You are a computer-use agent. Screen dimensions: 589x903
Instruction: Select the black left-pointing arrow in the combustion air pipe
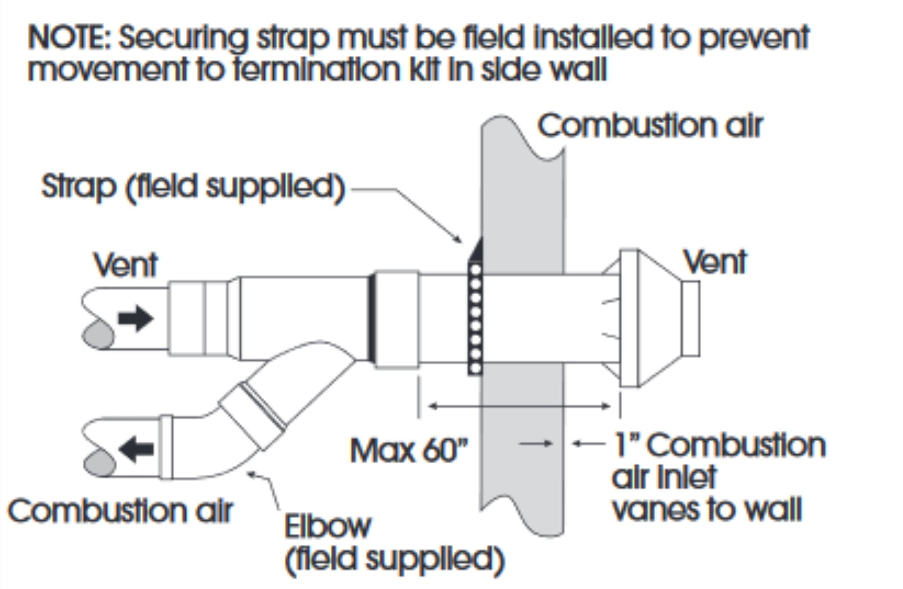coord(137,449)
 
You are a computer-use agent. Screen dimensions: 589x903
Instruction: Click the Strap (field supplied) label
coord(193,187)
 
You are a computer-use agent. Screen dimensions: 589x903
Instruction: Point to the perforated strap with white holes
coord(475,318)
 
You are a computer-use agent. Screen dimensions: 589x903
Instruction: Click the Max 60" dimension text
coord(409,451)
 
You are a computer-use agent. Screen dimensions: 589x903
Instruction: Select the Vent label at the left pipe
coord(126,265)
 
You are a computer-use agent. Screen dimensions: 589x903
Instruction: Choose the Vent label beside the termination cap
coord(715,262)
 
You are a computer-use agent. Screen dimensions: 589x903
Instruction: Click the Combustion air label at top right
coord(650,126)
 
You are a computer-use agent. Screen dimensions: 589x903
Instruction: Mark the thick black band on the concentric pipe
coord(372,318)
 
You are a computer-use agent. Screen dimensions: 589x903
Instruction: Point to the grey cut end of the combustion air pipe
coord(99,463)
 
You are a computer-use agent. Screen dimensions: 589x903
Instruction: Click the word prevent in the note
coord(753,39)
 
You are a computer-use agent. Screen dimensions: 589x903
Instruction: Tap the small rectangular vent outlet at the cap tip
coord(690,318)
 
